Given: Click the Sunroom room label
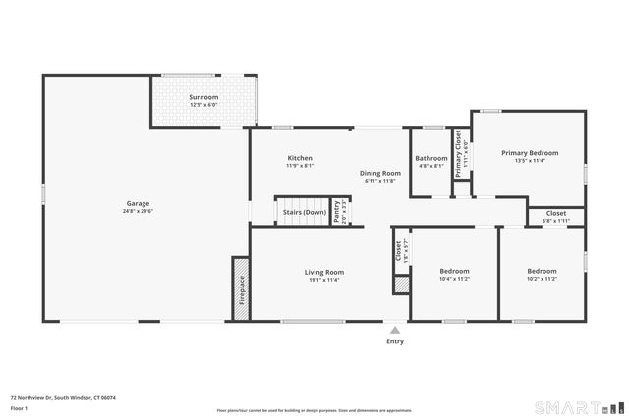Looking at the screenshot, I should [x=203, y=98].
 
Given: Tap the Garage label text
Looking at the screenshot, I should [x=138, y=203].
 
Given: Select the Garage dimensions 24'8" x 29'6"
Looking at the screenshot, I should [x=138, y=211].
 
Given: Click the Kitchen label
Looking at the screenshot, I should [x=300, y=158].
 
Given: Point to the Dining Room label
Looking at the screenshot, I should [x=379, y=173].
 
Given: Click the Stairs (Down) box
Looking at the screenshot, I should [x=304, y=212].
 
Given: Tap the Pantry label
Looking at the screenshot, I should [x=337, y=212].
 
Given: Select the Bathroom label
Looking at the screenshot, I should [x=430, y=158].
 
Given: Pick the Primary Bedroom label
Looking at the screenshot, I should [x=530, y=153].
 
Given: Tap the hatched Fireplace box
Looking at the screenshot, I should [x=241, y=288].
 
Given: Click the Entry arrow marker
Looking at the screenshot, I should [x=394, y=330].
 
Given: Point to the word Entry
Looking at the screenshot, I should [x=394, y=341].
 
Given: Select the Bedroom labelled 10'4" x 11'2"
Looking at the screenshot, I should [x=454, y=271].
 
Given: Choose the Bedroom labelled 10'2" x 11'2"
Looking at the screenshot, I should [x=542, y=271].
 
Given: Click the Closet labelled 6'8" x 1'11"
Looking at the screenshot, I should [x=556, y=213].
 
